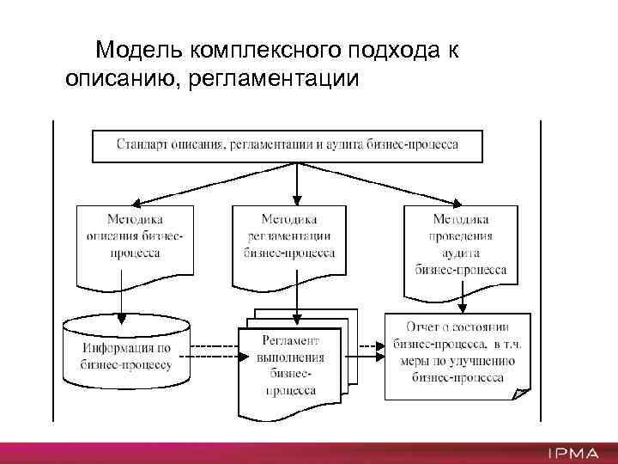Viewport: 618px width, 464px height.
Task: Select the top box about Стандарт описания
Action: coord(287,145)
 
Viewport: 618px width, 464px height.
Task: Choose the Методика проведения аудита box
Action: coord(461,246)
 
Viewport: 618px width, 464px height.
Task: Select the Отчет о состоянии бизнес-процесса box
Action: coord(457,353)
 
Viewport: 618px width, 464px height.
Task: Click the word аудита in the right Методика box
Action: coord(461,253)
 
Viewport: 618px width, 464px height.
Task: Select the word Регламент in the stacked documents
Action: coord(289,342)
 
